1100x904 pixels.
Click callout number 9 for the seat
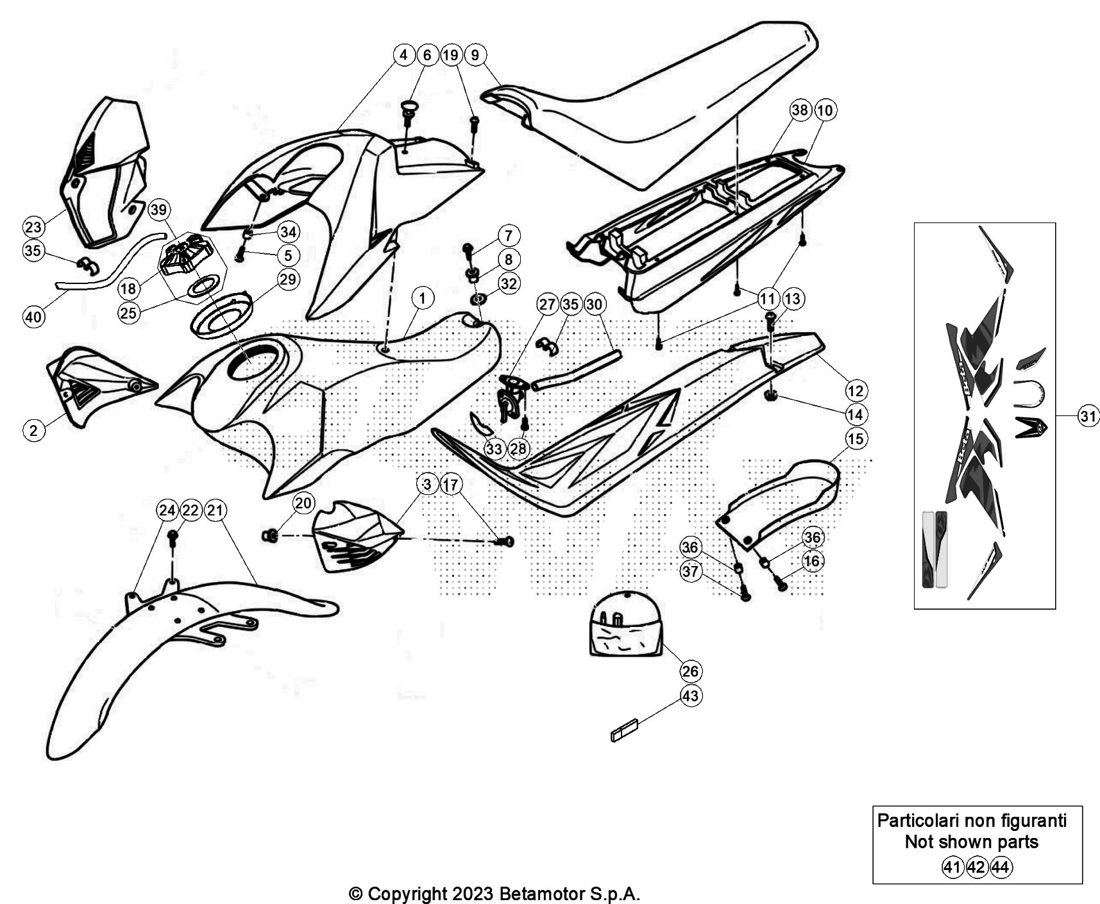pyautogui.click(x=475, y=55)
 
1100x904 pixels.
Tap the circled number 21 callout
pyautogui.click(x=216, y=510)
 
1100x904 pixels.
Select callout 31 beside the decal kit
pyautogui.click(x=1088, y=416)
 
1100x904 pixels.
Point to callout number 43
pyautogui.click(x=690, y=696)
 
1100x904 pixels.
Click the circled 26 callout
pyautogui.click(x=690, y=671)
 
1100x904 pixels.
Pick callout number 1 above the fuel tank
pyautogui.click(x=422, y=298)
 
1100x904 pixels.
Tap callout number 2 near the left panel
pyautogui.click(x=33, y=430)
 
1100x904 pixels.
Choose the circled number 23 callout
pyautogui.click(x=33, y=226)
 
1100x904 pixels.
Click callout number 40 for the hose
pyautogui.click(x=33, y=316)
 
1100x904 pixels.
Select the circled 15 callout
pyautogui.click(x=856, y=439)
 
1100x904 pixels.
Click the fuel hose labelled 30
pyautogui.click(x=576, y=369)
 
